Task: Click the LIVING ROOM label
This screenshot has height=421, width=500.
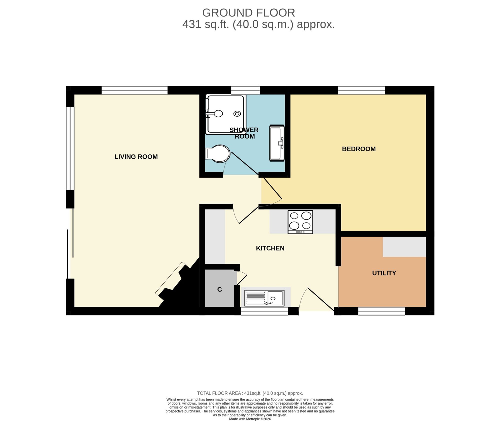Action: [x=136, y=157]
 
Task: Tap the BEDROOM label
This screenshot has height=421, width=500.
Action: [x=359, y=149]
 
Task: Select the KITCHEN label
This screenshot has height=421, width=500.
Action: [x=270, y=248]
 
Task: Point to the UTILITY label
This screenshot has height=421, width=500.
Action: [x=384, y=273]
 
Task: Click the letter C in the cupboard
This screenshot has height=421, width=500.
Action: [x=219, y=289]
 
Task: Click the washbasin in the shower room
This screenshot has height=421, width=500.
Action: [x=277, y=143]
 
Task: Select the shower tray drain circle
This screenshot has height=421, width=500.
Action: [x=237, y=114]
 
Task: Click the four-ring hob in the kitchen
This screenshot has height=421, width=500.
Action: [x=300, y=222]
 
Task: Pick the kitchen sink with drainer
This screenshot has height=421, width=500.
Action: [x=264, y=298]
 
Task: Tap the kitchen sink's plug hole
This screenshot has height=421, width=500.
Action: [x=273, y=298]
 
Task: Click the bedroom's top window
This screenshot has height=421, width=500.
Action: [x=361, y=90]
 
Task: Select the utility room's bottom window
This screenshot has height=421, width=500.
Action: [x=381, y=311]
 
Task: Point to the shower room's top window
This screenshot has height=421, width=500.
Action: [x=245, y=90]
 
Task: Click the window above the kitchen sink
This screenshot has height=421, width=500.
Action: [x=264, y=311]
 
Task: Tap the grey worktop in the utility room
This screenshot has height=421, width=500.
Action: [x=404, y=247]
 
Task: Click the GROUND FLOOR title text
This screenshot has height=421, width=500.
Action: [x=248, y=13]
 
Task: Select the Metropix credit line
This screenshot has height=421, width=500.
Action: [x=250, y=419]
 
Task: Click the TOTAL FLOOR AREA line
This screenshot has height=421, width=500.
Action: [x=250, y=393]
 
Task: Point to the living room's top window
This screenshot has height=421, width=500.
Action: [x=134, y=90]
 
